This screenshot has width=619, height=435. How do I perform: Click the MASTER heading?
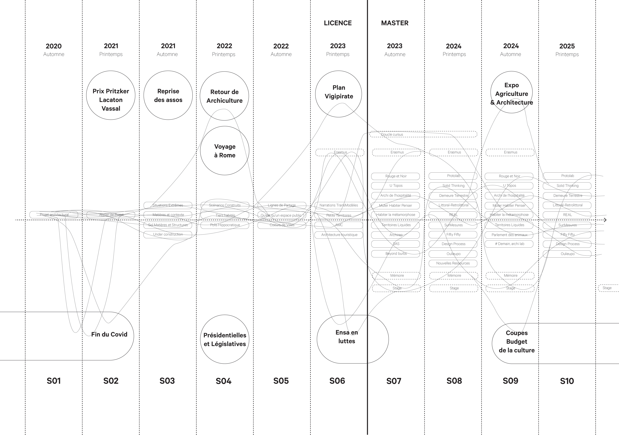(x=395, y=23)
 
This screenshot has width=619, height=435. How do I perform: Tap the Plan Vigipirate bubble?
(x=339, y=94)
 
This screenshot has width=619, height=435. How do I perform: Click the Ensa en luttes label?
(x=347, y=337)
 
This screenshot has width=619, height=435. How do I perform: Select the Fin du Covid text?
(x=109, y=334)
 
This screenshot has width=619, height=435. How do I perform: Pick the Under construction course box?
(x=168, y=234)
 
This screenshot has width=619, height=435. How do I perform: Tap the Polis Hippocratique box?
(x=225, y=225)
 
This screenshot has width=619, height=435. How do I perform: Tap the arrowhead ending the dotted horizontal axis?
(x=605, y=220)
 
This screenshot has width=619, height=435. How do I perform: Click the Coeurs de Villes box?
(x=282, y=225)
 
